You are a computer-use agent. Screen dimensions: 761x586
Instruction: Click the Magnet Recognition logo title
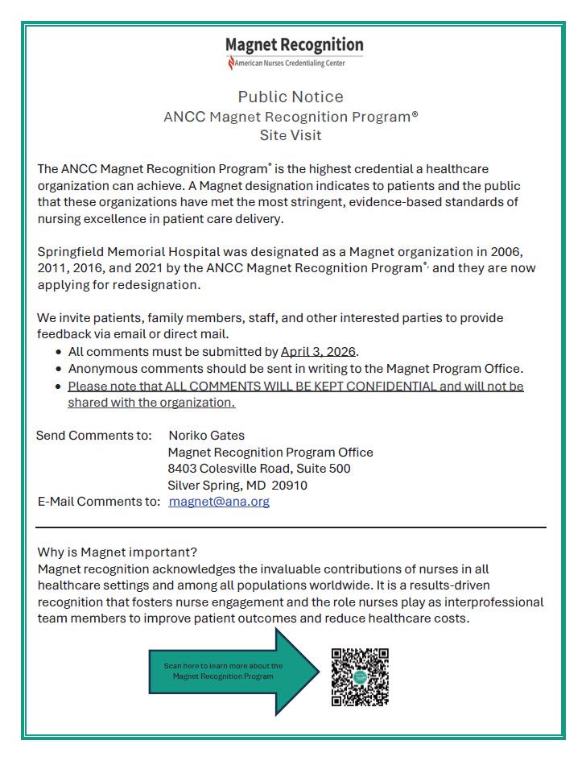click(x=294, y=45)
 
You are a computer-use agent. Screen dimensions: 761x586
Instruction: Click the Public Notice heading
click(x=291, y=97)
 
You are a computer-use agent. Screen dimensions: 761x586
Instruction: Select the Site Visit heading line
click(x=291, y=135)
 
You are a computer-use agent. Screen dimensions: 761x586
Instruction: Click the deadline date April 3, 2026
click(x=318, y=352)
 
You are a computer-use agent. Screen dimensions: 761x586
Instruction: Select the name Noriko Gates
click(x=207, y=436)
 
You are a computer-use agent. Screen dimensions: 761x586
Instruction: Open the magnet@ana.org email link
click(x=219, y=501)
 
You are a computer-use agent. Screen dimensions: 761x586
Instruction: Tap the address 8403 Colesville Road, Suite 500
click(x=259, y=469)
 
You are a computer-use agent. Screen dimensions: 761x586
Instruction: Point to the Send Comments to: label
click(x=94, y=436)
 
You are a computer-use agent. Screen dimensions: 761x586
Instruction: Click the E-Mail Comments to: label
click(x=99, y=501)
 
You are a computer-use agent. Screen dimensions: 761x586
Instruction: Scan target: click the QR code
click(x=360, y=677)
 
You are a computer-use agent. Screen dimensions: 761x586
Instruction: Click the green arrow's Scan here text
click(x=223, y=671)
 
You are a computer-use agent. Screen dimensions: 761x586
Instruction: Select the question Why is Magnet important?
click(x=118, y=552)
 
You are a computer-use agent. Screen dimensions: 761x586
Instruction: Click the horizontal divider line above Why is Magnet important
click(x=291, y=527)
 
